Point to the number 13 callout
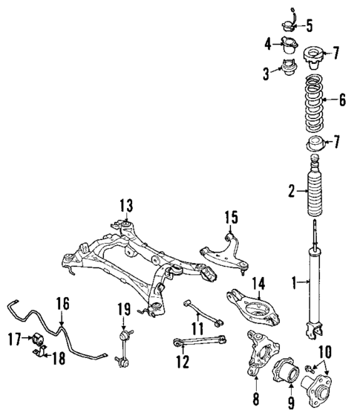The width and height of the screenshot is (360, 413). coord(125,206)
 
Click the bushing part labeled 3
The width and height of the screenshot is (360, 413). coord(284,71)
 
